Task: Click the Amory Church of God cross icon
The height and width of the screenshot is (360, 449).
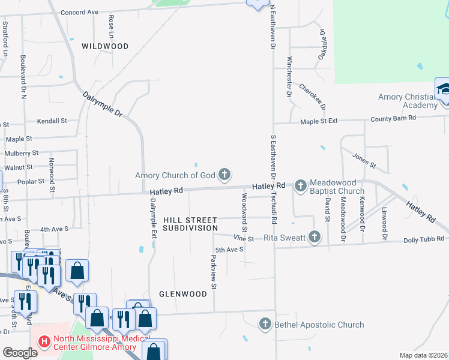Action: coord(224,175)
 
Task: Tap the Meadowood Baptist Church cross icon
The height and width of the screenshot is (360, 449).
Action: coord(300,187)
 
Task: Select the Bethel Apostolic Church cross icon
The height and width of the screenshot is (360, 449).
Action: coord(265,325)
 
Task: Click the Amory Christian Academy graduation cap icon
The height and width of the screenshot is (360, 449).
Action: coord(444,91)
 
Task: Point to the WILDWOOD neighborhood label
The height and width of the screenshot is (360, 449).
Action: coord(105,46)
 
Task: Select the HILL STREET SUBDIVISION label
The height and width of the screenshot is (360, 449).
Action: coord(190,224)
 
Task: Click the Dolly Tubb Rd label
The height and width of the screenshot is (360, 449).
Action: coord(424,239)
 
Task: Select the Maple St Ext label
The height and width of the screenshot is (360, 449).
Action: coord(319,121)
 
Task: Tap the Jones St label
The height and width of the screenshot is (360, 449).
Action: coord(364,160)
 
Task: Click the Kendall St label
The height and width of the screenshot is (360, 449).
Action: coord(52,121)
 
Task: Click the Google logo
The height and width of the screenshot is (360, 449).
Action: coord(20,353)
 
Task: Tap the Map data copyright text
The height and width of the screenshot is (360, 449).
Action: coord(423,355)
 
